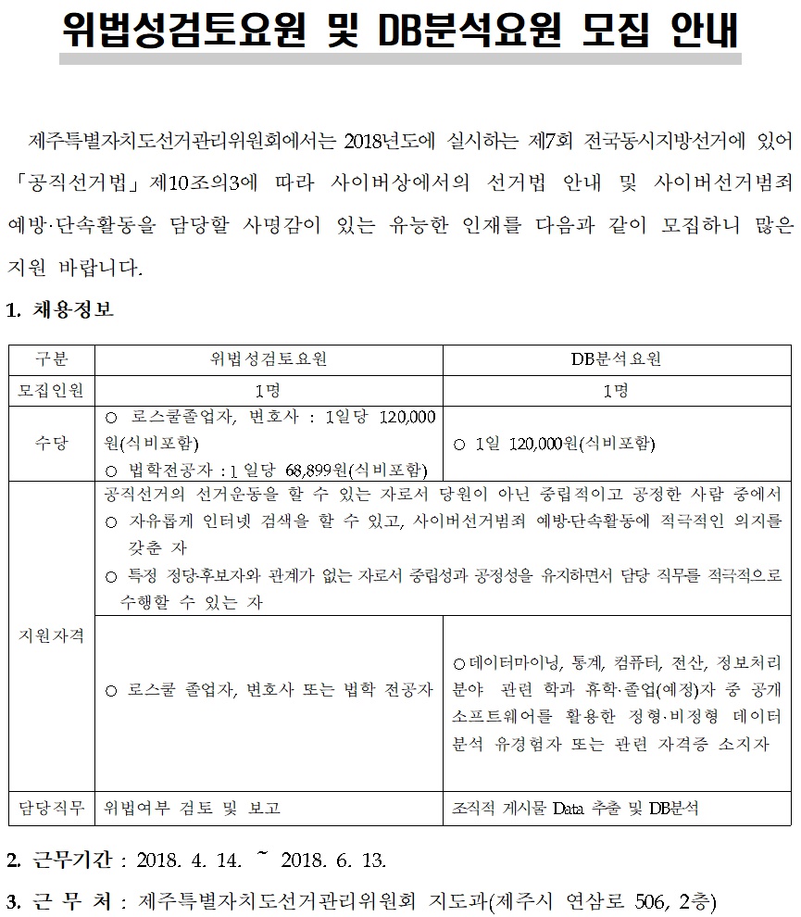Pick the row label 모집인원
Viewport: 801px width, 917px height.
[x=51, y=390]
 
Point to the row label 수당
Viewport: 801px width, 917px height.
[x=51, y=443]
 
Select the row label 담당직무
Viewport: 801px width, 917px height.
[x=51, y=808]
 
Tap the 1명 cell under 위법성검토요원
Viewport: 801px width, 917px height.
[x=269, y=390]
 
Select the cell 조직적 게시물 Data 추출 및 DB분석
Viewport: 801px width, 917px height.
[x=575, y=808]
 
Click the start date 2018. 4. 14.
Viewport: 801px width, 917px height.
[x=189, y=860]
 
